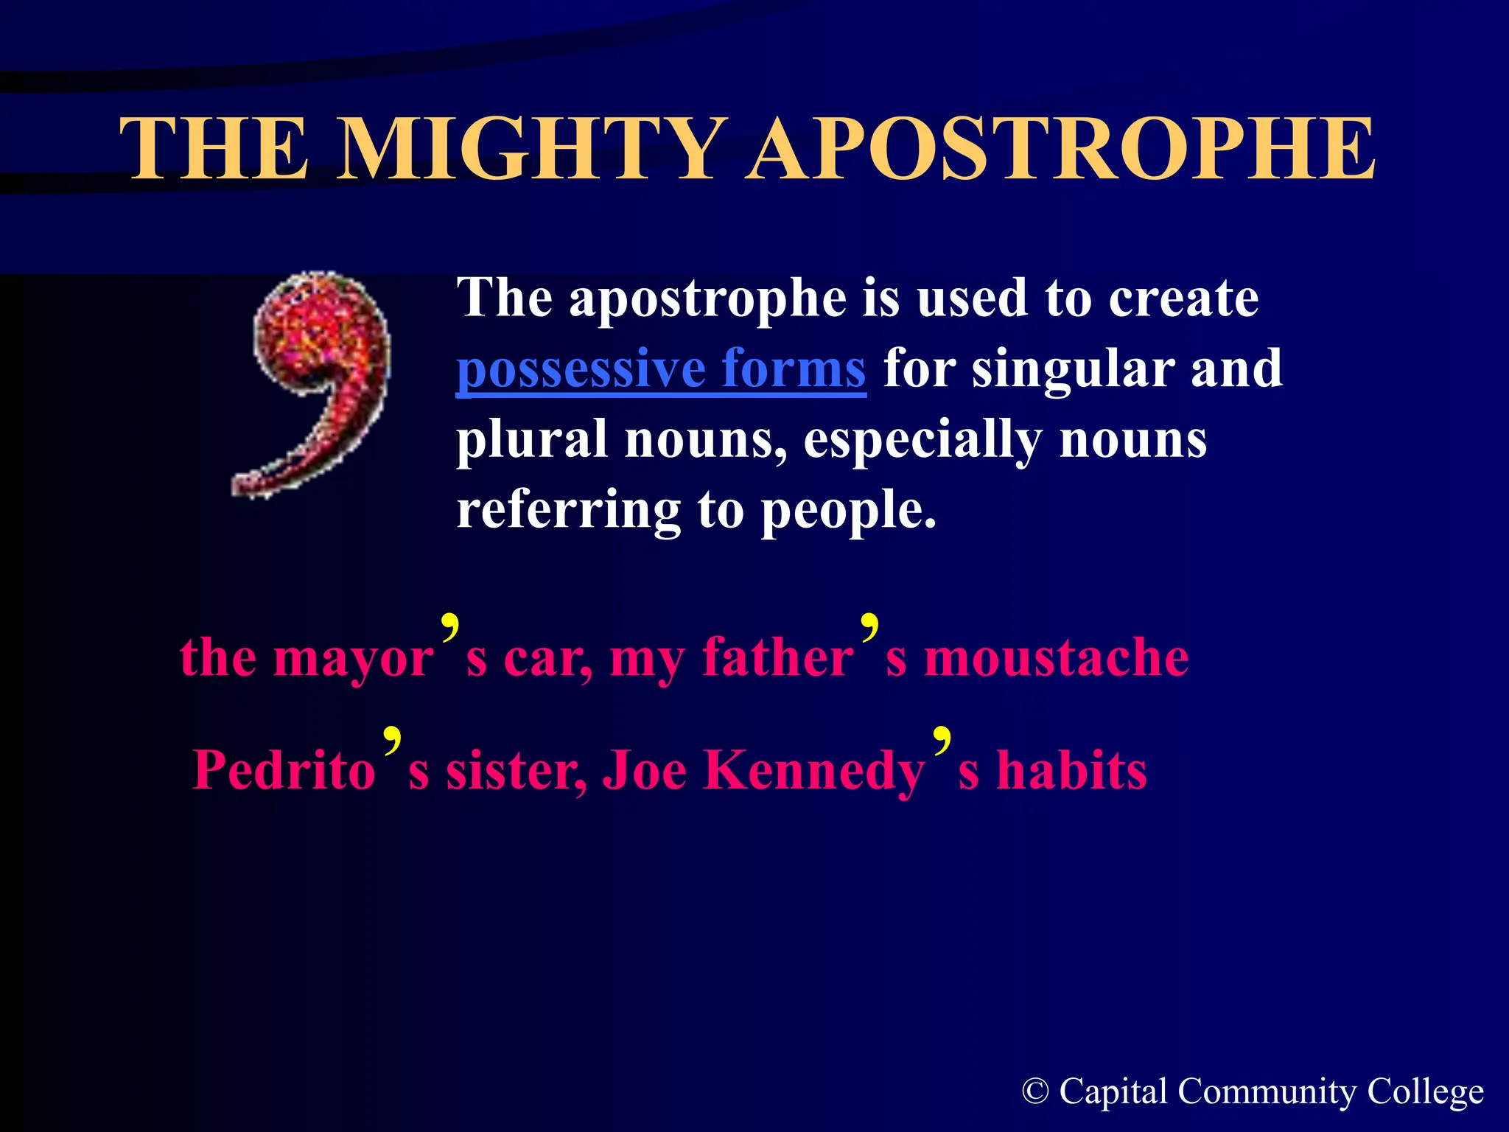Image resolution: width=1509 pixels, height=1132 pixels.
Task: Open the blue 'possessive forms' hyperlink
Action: [x=661, y=368]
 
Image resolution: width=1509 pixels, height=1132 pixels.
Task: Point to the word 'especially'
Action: [x=922, y=440]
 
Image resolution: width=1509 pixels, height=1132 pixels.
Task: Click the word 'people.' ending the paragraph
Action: [x=849, y=510]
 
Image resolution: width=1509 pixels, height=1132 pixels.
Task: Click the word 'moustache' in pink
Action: [x=1057, y=657]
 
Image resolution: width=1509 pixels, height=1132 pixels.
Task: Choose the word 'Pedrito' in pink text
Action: [x=284, y=771]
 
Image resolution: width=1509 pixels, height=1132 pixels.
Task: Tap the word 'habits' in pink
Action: [x=1071, y=771]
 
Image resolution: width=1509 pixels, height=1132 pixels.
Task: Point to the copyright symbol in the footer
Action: [x=1035, y=1091]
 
